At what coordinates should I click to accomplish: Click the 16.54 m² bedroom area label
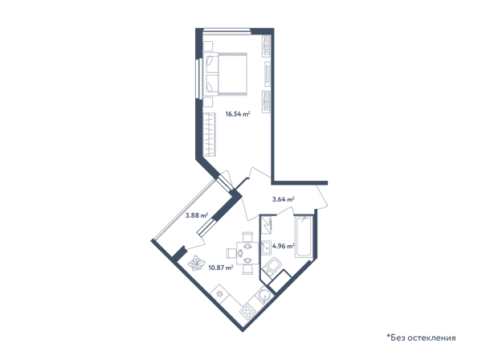tap(238, 114)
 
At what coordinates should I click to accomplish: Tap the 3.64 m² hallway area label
tap(284, 199)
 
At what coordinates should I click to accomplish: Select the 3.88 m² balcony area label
tap(197, 215)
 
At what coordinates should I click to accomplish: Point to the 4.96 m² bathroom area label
tap(284, 246)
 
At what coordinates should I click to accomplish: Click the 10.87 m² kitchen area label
tap(220, 268)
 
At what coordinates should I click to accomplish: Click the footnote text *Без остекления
tap(421, 337)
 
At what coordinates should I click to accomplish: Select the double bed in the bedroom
tap(225, 74)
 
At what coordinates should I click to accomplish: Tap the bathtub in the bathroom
tap(304, 237)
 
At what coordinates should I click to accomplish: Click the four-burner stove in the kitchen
tap(247, 312)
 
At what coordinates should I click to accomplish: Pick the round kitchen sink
tap(263, 296)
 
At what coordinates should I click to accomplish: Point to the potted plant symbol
tap(196, 263)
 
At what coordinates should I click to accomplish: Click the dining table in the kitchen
tap(247, 253)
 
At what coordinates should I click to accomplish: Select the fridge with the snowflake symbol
tap(220, 294)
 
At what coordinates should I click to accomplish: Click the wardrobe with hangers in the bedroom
tap(210, 135)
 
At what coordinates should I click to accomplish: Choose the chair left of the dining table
tap(231, 253)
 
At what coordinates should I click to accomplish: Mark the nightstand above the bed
tap(208, 47)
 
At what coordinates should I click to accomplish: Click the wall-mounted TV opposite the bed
tap(268, 74)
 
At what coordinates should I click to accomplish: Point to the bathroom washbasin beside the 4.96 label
tap(266, 247)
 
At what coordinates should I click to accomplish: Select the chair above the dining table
tap(247, 237)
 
